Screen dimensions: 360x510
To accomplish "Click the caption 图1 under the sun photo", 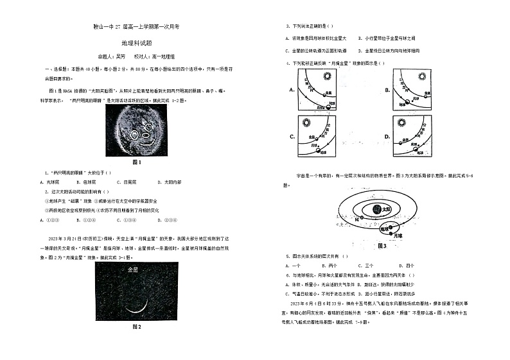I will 136,162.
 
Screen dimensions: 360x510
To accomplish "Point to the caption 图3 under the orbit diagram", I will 382,246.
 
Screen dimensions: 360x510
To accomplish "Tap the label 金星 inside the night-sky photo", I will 134,270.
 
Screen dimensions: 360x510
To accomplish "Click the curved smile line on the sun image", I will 147,143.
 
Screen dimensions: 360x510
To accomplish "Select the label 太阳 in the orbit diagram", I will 386,209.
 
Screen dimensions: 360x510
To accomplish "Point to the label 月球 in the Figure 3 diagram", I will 398,236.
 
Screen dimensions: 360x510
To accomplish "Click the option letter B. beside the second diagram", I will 387,90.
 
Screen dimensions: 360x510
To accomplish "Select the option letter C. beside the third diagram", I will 292,137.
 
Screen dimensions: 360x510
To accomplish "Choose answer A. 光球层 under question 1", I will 53,182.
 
